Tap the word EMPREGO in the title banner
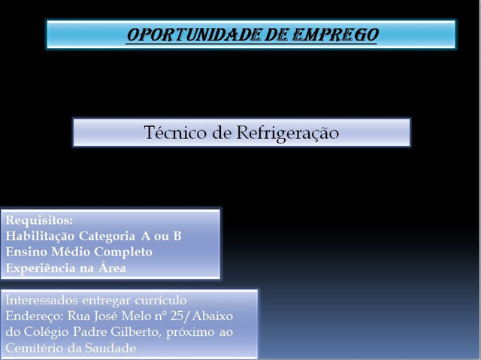335,35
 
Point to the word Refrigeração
288,134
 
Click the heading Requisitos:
39,220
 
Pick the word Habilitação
40,237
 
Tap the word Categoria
107,237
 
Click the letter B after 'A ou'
177,236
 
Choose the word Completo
123,253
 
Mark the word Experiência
41,268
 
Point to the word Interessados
41,300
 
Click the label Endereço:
35,316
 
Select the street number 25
177,316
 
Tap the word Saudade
110,348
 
